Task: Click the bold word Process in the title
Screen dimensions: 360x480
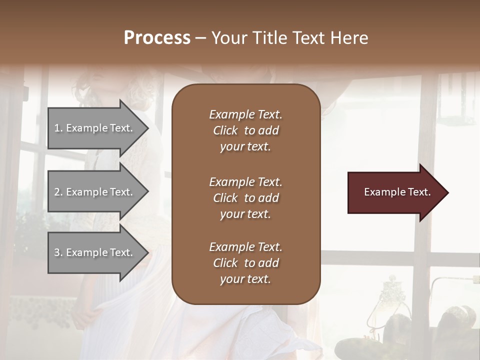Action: [157, 38]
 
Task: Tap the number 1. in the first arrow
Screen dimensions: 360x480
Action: [58, 128]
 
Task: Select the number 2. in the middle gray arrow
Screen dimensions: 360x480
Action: [58, 192]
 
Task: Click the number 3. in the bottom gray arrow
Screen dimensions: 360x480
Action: [58, 252]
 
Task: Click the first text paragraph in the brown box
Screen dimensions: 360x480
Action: [245, 130]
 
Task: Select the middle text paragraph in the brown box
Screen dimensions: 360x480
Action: [245, 198]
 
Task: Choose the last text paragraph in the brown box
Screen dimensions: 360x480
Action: [245, 263]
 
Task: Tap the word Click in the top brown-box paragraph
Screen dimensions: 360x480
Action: [225, 130]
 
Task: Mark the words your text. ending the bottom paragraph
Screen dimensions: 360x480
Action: [245, 279]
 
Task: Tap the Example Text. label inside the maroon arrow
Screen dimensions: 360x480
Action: [397, 192]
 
